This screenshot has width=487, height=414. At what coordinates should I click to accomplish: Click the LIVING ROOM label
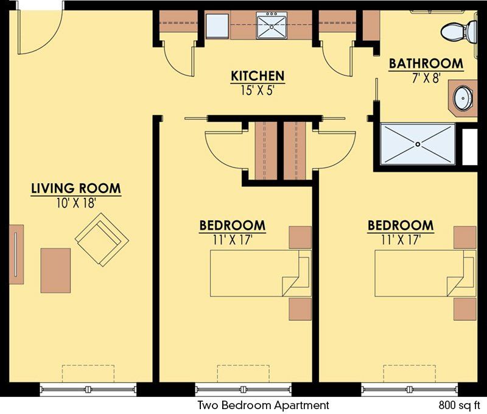(x=75, y=188)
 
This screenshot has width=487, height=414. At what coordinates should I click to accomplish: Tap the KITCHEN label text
(x=258, y=76)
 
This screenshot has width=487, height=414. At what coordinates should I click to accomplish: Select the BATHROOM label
(x=426, y=63)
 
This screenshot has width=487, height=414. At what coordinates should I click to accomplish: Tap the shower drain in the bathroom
(x=418, y=144)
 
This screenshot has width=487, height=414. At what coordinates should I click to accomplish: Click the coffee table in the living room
(x=55, y=270)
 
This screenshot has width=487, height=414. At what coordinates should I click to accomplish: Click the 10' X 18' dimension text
(x=75, y=203)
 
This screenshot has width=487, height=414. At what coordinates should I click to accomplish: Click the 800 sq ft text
(x=460, y=405)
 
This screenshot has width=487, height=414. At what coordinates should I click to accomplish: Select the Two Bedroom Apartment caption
(x=263, y=405)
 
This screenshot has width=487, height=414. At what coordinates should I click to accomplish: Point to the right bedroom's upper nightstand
(x=465, y=237)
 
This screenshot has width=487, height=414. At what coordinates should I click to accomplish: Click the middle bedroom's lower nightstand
(x=300, y=309)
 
